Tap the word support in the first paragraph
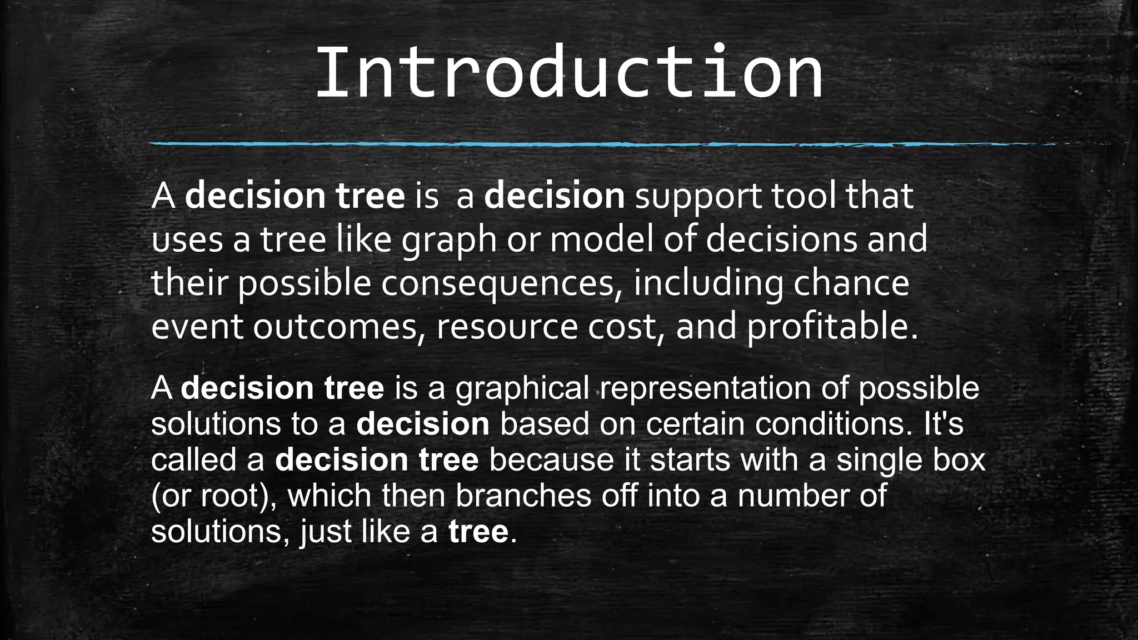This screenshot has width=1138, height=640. (x=698, y=197)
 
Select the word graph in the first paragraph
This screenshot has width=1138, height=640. (x=449, y=240)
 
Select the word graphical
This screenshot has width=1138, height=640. (x=522, y=388)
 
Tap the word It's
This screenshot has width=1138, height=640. (x=944, y=424)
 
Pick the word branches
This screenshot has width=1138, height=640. (x=523, y=496)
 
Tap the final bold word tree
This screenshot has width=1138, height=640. (x=478, y=532)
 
